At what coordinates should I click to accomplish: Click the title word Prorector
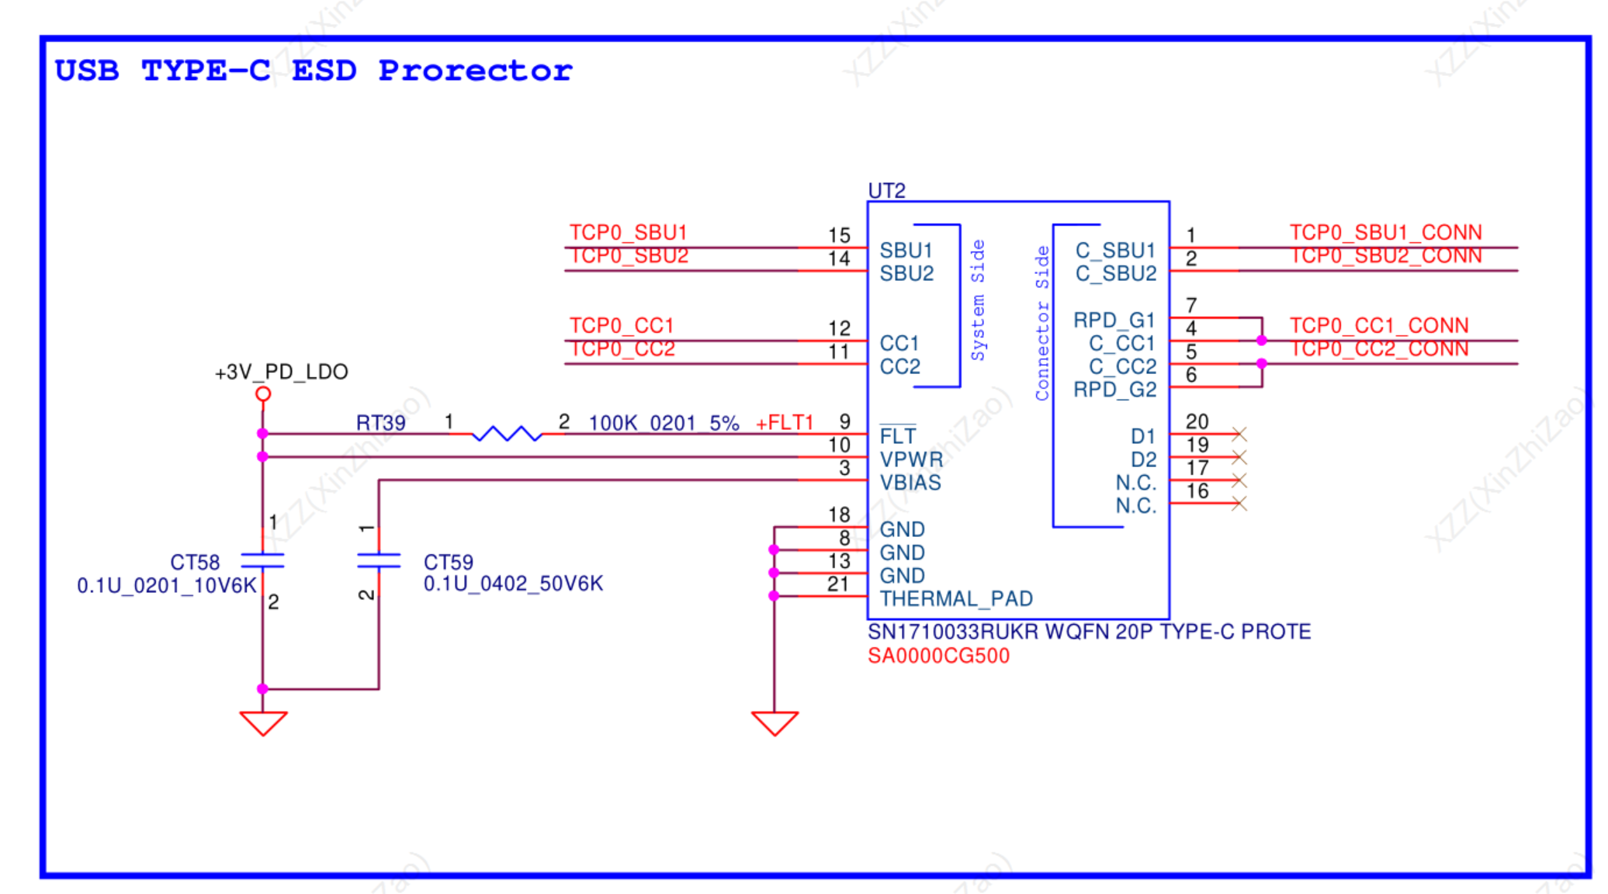click(x=475, y=71)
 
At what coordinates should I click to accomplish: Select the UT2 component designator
click(x=886, y=190)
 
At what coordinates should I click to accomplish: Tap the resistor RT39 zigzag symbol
click(x=507, y=434)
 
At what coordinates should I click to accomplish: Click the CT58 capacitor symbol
click(x=262, y=561)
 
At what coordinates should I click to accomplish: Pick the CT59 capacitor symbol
click(x=379, y=561)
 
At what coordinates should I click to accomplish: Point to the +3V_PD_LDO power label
click(x=281, y=372)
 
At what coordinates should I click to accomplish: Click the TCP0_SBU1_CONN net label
click(x=1385, y=232)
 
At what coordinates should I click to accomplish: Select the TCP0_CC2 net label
click(x=622, y=349)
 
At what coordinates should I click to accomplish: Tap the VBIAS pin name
click(x=910, y=483)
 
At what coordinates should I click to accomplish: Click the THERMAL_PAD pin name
click(x=955, y=599)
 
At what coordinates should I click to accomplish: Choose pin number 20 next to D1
click(x=1197, y=421)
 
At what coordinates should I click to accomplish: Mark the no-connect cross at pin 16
click(x=1239, y=504)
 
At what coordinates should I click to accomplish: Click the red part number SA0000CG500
click(x=938, y=656)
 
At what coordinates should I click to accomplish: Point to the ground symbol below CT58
click(x=263, y=722)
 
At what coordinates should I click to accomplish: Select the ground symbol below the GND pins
click(x=775, y=722)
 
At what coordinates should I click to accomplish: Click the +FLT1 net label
click(x=784, y=423)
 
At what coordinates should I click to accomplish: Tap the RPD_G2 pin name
click(x=1114, y=390)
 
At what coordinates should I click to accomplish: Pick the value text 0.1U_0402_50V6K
click(x=513, y=584)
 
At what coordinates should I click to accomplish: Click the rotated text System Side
click(x=978, y=300)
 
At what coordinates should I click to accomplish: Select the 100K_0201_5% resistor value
click(x=664, y=423)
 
